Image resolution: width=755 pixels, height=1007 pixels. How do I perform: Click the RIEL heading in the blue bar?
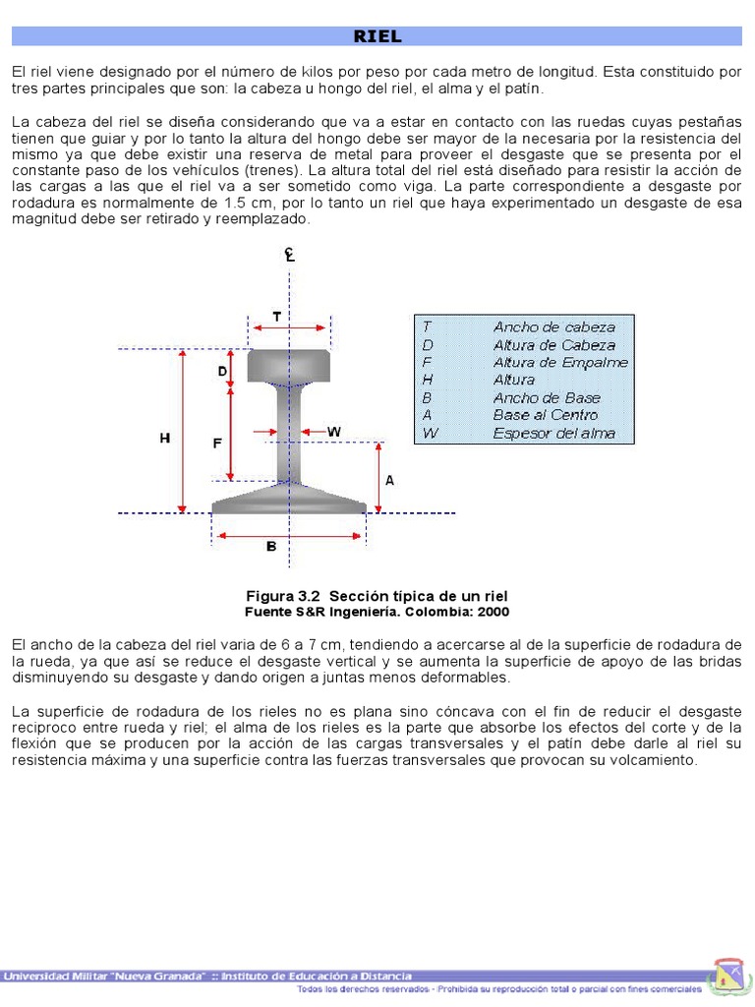(377, 36)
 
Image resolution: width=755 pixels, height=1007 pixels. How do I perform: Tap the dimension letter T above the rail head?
(277, 317)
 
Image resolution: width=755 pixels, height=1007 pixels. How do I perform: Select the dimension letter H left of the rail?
(165, 440)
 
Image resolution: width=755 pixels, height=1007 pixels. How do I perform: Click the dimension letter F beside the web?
(217, 444)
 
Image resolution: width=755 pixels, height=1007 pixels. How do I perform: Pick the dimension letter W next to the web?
(334, 432)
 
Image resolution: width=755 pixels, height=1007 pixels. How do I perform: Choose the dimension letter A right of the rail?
(389, 481)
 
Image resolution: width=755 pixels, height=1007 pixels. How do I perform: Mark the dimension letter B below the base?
(271, 547)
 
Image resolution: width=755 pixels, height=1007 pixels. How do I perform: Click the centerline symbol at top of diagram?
(290, 255)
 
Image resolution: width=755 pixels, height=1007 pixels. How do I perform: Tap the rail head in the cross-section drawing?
(288, 365)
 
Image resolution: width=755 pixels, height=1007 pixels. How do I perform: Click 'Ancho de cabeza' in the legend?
(553, 326)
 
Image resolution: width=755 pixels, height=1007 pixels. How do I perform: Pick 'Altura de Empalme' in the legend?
(560, 362)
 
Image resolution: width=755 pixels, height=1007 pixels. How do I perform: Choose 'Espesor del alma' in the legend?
(553, 433)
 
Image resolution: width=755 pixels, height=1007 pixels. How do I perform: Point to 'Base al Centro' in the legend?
(545, 415)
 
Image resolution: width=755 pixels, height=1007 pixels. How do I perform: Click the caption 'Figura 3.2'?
(284, 597)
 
